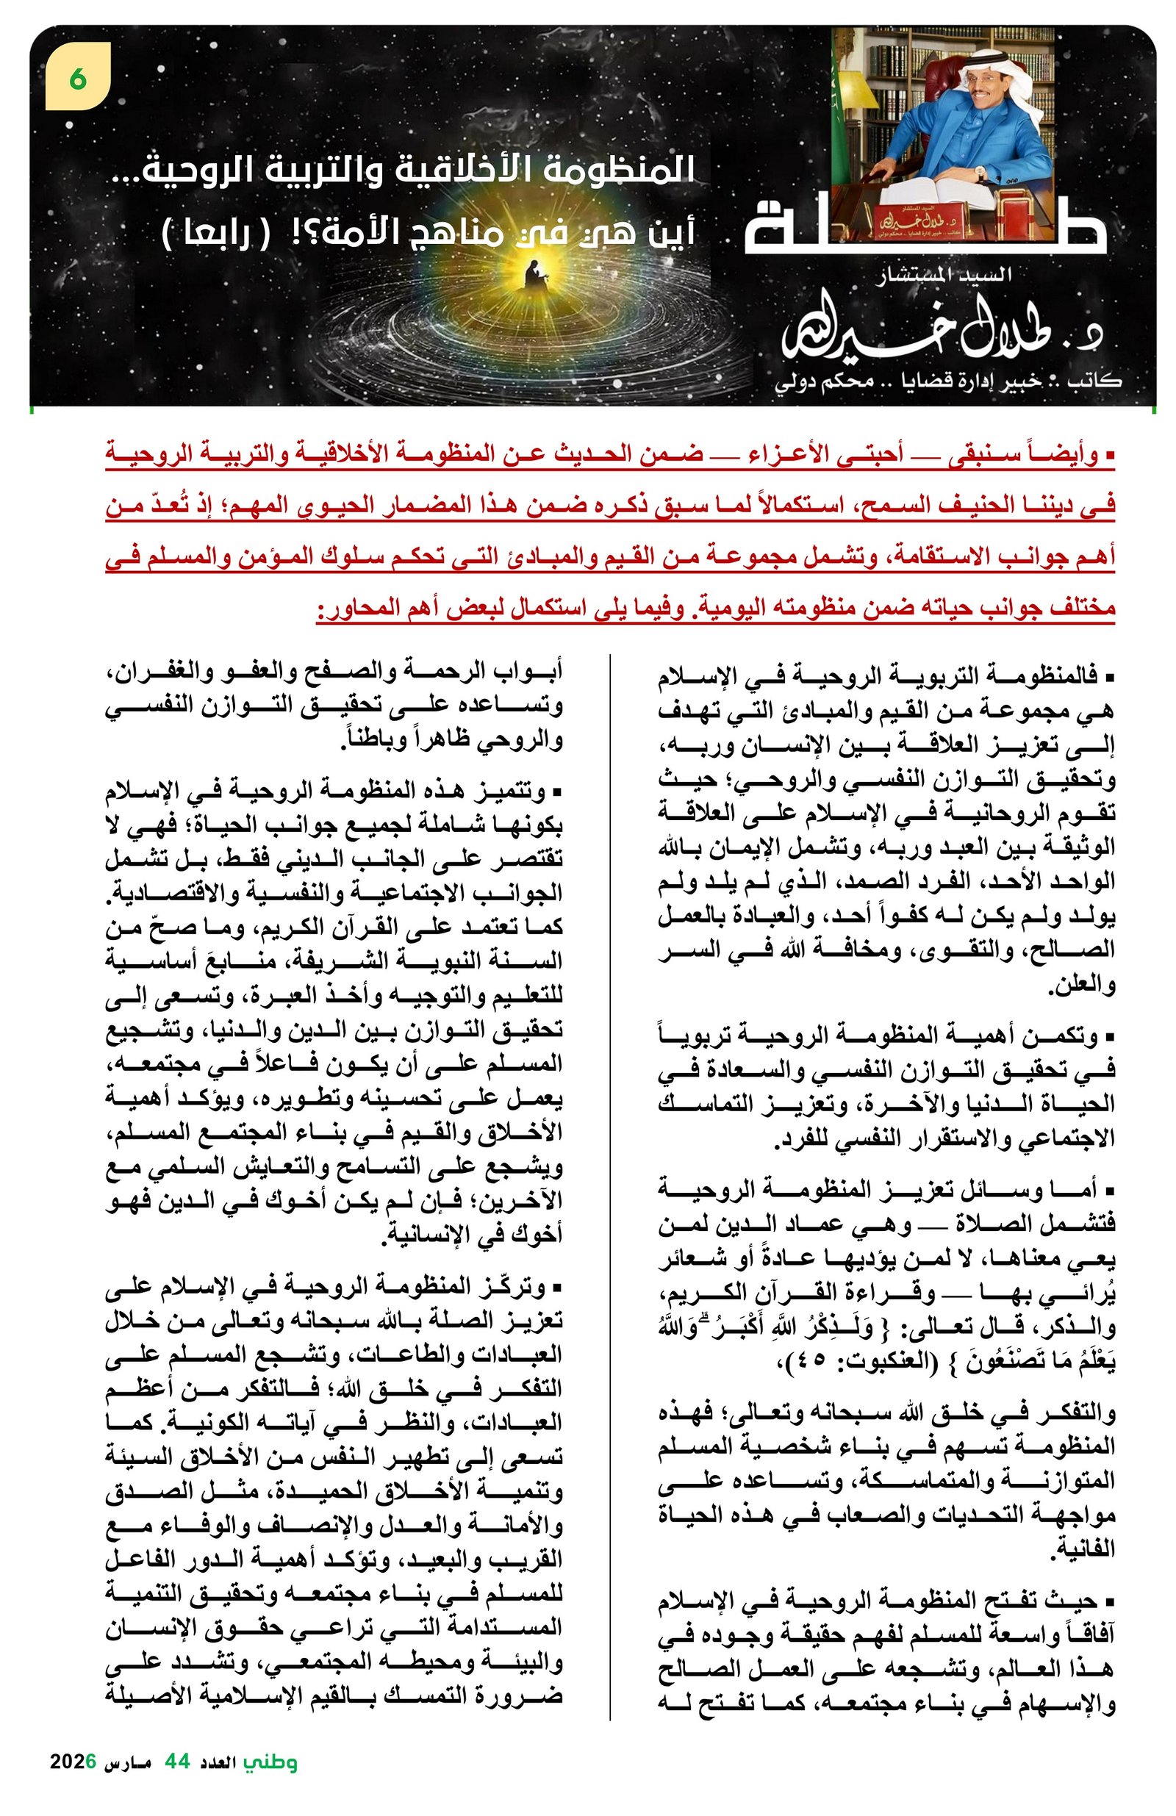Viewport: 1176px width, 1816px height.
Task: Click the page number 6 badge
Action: click(78, 76)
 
